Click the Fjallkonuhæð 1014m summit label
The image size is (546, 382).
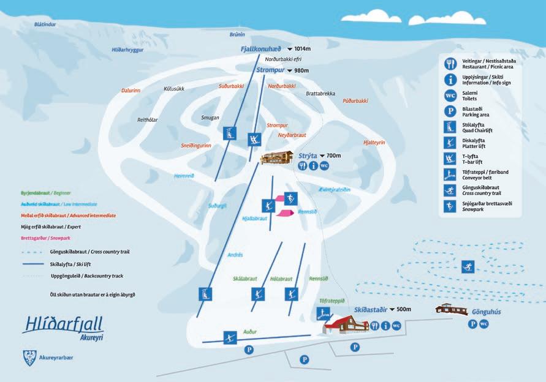pos(273,48)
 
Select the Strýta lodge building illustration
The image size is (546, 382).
pos(278,158)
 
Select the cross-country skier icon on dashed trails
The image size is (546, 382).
pos(467,267)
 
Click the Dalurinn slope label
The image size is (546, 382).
pos(131,90)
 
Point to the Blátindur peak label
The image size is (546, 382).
pos(45,24)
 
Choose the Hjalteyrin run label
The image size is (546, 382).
pos(374,142)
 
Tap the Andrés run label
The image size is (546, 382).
pos(235,255)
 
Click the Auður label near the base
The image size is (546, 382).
pos(249,332)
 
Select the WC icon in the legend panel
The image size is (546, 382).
pos(450,95)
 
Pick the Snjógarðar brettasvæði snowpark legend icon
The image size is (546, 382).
pos(450,206)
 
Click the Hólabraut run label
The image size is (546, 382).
pos(282,279)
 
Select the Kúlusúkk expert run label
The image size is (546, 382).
pos(174,89)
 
